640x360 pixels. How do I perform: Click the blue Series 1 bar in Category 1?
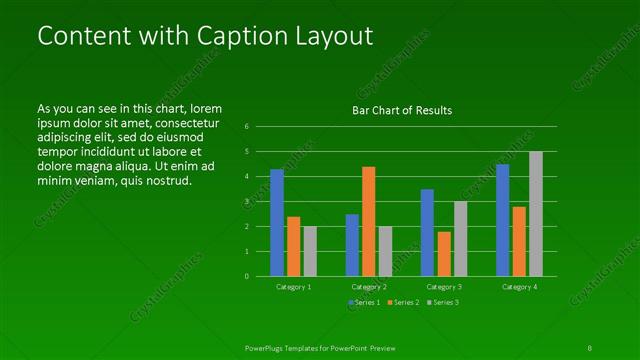click(277, 223)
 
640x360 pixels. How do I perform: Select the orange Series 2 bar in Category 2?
click(369, 221)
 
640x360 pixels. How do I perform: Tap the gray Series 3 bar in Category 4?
click(536, 214)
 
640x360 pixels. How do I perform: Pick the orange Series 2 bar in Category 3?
click(444, 254)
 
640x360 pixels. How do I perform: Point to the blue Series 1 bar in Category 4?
click(502, 220)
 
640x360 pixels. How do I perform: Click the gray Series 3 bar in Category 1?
click(310, 251)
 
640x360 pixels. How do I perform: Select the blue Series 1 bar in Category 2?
click(352, 245)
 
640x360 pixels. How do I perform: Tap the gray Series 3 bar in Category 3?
click(460, 239)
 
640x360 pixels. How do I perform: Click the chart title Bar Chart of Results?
click(403, 110)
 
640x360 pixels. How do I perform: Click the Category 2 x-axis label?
click(369, 287)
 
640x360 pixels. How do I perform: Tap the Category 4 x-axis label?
click(519, 287)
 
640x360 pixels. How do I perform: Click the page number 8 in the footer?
click(590, 347)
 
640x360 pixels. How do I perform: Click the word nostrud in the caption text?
click(167, 181)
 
